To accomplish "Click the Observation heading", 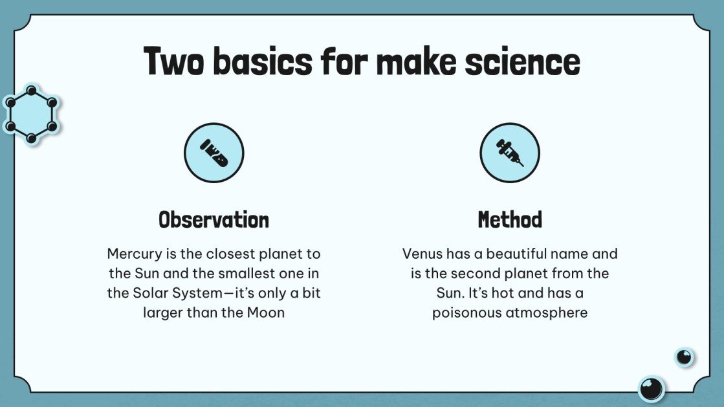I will click(214, 220).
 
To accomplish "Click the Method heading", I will click(510, 220).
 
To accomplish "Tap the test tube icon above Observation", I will click(214, 153).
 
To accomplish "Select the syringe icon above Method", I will click(509, 153).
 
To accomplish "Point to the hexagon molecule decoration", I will click(30, 114).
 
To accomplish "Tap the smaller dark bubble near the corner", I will click(684, 357).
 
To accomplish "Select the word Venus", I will click(422, 254).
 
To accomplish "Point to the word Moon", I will click(265, 313).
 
